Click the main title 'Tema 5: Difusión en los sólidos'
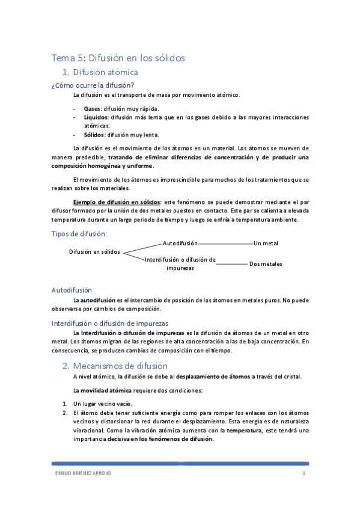[118, 58]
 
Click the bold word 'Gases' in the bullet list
[93, 109]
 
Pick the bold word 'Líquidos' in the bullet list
[96, 118]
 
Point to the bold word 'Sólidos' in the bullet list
[95, 135]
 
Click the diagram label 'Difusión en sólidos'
[95, 251]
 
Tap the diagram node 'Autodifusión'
[180, 243]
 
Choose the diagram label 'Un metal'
[266, 243]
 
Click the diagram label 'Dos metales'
[266, 264]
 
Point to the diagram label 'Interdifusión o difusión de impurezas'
[180, 264]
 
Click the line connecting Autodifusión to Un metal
[225, 244]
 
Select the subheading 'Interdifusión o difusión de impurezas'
[110, 323]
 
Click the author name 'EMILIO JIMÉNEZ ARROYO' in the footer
[82, 473]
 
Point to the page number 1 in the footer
[305, 473]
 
